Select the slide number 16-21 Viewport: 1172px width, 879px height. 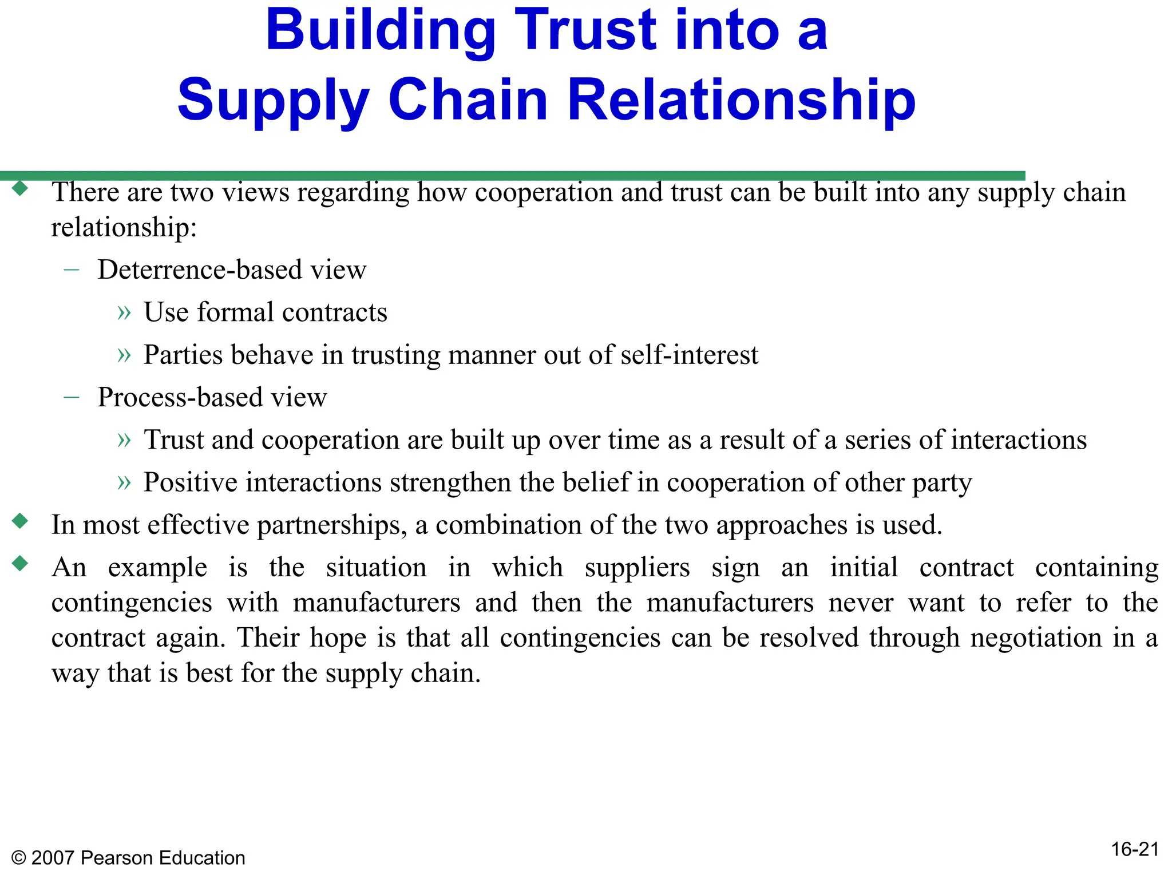[x=1135, y=849]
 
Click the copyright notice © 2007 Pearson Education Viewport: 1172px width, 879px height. [x=128, y=858]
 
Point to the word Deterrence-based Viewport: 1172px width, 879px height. [x=200, y=270]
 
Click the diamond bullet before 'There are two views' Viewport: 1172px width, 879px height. [x=20, y=188]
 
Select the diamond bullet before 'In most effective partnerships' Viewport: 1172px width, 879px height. [x=20, y=521]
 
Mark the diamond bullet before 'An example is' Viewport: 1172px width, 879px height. [x=20, y=564]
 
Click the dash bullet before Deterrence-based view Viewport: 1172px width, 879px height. [x=72, y=269]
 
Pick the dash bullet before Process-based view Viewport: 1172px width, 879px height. [x=72, y=397]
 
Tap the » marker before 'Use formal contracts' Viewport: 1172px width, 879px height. [x=124, y=312]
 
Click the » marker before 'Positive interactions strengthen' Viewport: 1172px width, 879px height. [x=124, y=482]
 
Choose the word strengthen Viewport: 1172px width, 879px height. [x=450, y=482]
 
